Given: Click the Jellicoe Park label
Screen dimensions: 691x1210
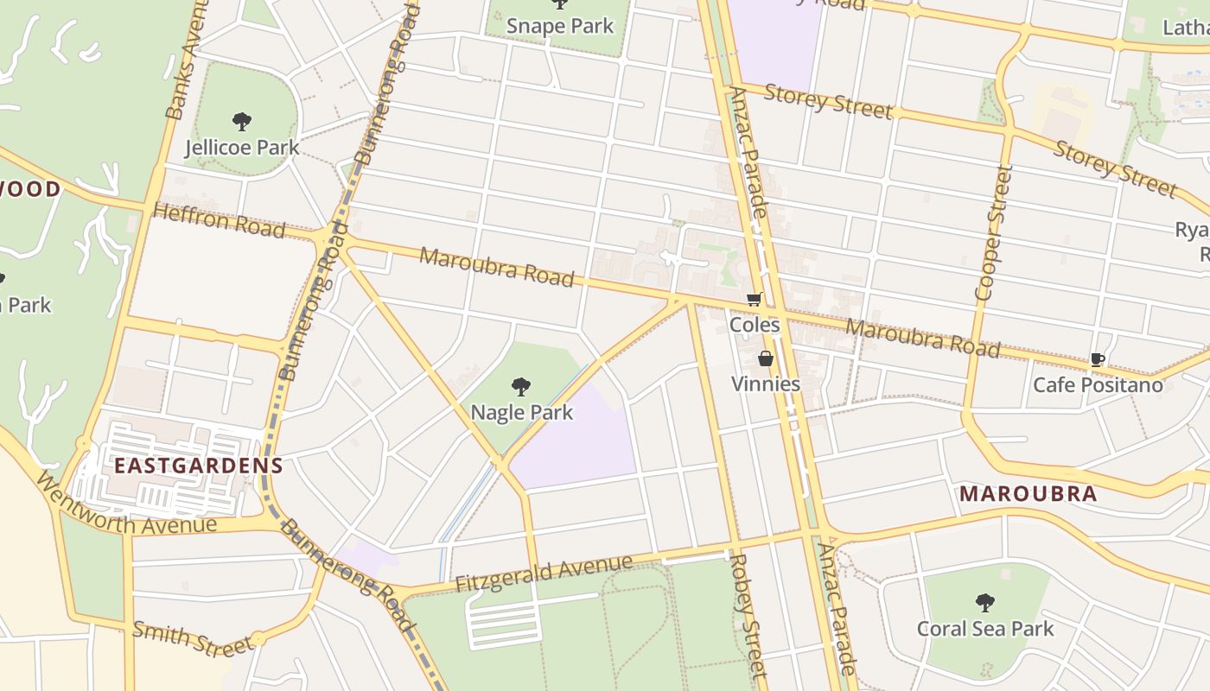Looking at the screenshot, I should pos(242,148).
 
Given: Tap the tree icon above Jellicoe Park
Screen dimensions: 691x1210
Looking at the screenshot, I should pos(242,122).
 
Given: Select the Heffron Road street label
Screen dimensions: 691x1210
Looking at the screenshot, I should pos(220,220).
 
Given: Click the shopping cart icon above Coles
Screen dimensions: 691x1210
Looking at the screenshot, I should pos(755,300).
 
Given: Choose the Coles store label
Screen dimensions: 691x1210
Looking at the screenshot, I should pos(755,325).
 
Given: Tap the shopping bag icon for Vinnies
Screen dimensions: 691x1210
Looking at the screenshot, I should pos(766,358).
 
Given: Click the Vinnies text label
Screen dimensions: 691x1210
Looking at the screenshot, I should pos(766,384).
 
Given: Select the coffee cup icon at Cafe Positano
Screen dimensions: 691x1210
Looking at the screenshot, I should pos(1098,359).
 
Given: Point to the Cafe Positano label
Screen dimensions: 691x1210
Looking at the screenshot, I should pos(1098,384).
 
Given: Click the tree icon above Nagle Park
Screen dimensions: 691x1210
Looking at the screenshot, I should pos(521,386).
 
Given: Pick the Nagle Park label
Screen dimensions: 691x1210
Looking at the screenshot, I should pos(521,412).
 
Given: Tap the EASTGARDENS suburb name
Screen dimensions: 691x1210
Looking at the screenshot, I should pos(199,466).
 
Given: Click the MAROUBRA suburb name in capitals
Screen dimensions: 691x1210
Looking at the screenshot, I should pos(1028,494).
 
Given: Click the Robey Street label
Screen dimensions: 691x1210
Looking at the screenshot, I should pos(748,615).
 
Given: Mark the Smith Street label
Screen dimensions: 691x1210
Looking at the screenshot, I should pos(190,638).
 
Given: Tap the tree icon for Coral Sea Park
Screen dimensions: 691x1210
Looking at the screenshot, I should pos(985,602).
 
